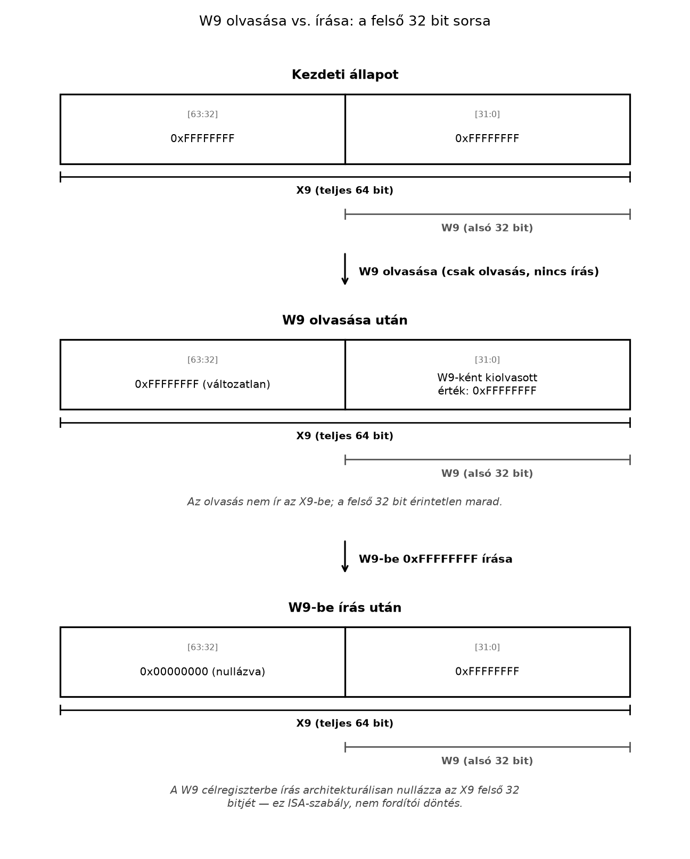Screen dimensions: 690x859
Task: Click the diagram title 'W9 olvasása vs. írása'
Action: point(276,21)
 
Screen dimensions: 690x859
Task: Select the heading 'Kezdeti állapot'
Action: point(345,75)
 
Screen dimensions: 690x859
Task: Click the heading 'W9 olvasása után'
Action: point(345,320)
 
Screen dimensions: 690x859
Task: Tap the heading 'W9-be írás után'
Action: point(345,608)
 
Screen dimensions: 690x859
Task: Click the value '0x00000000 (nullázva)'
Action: point(202,672)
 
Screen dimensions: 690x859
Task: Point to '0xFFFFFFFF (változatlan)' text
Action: point(202,384)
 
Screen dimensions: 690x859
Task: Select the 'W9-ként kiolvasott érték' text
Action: point(487,384)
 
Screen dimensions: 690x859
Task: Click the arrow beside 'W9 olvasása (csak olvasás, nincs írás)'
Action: point(345,269)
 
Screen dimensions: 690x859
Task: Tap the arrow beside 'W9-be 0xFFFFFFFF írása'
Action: point(345,557)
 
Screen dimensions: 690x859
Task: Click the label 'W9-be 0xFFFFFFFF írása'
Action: point(436,559)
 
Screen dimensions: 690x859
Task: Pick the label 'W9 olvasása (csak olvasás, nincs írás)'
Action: point(479,271)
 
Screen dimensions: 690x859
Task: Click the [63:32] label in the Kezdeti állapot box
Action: point(202,114)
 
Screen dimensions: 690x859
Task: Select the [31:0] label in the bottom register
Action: point(487,647)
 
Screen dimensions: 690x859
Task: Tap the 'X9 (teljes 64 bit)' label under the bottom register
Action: point(345,723)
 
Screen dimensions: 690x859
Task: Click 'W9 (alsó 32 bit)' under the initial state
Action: point(487,228)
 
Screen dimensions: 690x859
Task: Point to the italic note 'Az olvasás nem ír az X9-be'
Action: point(345,502)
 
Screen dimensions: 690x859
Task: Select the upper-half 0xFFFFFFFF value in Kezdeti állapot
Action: point(202,138)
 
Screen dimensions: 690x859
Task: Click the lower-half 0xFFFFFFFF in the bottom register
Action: point(487,672)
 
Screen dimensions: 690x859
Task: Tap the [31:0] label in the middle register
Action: point(487,360)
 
